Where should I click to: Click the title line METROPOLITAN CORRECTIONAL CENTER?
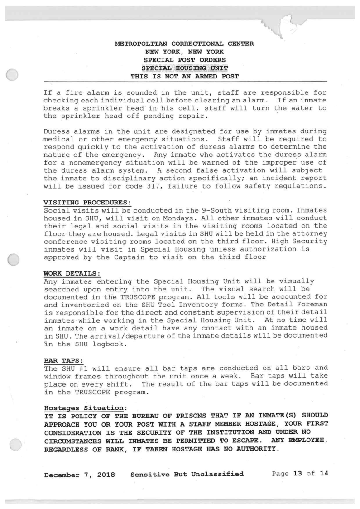(x=185, y=44)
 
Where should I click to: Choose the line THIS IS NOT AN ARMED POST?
(x=185, y=76)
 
